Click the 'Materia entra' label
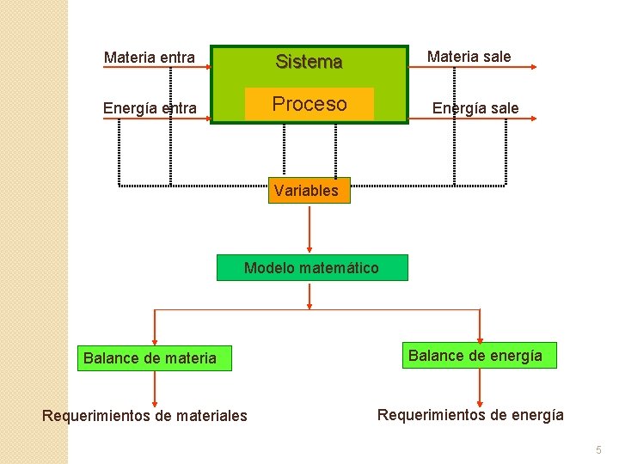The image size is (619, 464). (x=149, y=58)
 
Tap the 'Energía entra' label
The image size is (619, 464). (x=149, y=108)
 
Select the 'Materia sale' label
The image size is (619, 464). (x=469, y=57)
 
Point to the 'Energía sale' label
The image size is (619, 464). (x=475, y=108)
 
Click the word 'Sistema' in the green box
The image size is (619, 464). (x=309, y=62)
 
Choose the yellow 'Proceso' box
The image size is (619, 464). (x=309, y=104)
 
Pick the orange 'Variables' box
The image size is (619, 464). (x=306, y=191)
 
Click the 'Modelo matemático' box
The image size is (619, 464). (x=311, y=268)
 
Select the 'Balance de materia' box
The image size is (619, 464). (x=150, y=357)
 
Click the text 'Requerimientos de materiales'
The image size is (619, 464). (x=144, y=416)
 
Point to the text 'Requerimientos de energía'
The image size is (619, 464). (x=470, y=415)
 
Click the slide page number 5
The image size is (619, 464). (x=598, y=449)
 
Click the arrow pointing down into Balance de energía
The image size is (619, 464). (x=481, y=326)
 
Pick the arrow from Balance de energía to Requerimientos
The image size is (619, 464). (x=481, y=386)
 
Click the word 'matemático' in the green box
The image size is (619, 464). (x=339, y=268)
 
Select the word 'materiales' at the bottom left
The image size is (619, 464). (x=208, y=416)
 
